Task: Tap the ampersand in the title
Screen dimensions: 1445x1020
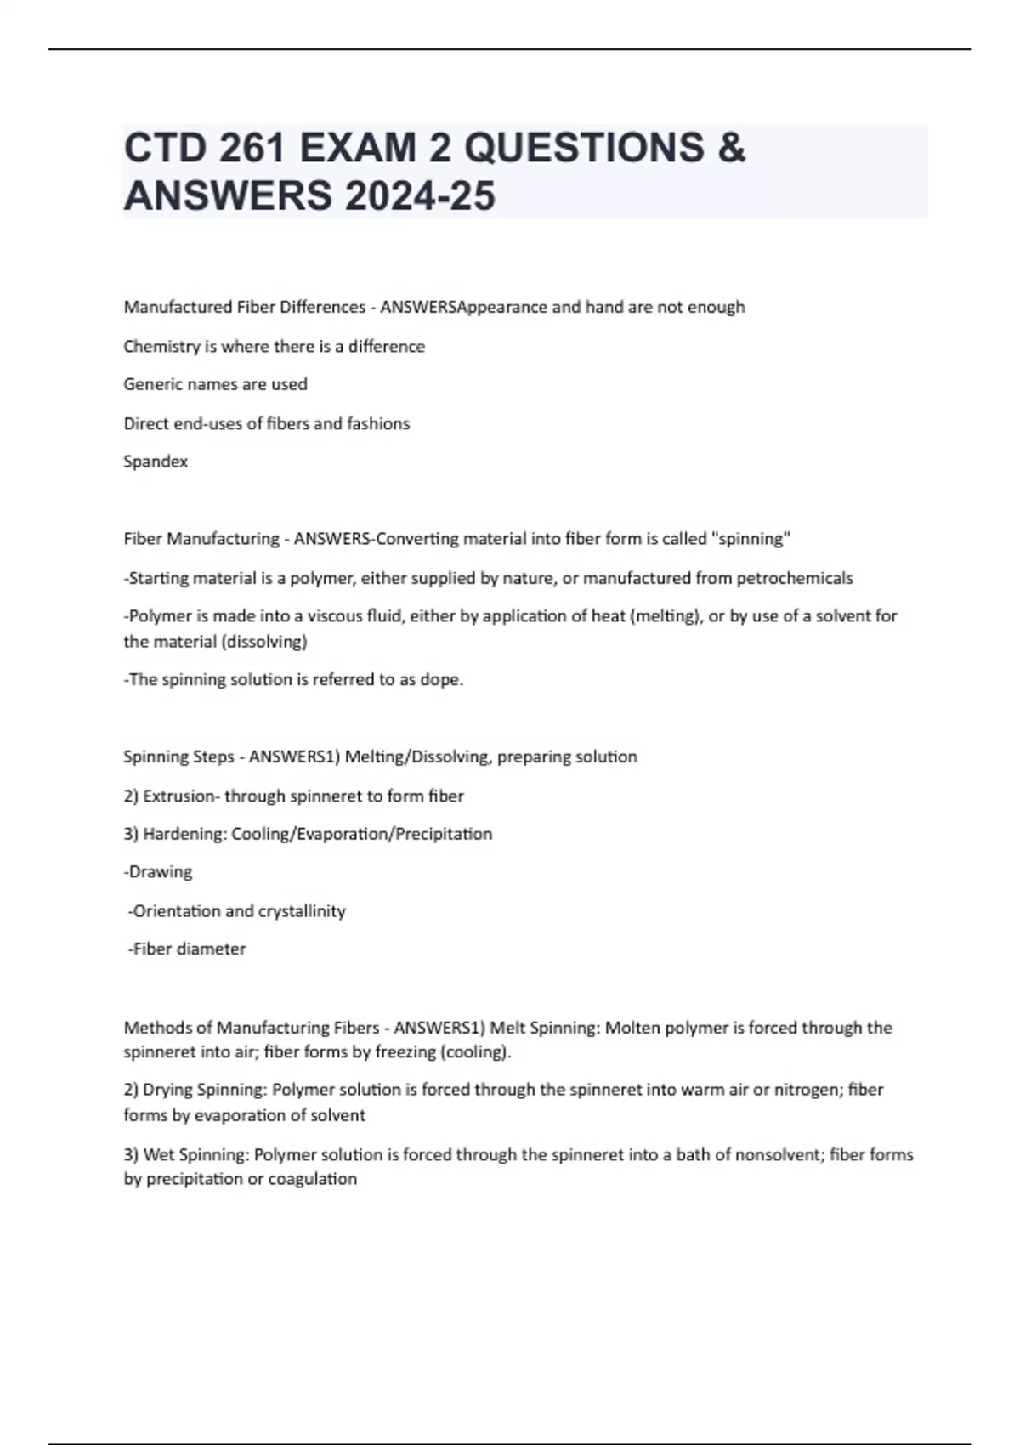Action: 731,148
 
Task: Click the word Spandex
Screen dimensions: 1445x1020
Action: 156,462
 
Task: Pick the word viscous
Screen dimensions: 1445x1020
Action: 335,615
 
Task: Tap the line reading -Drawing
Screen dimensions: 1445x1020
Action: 158,872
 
